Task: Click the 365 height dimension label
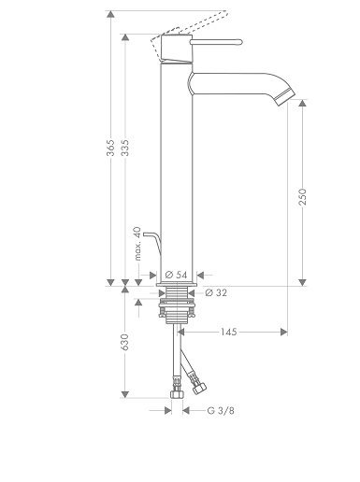(x=110, y=148)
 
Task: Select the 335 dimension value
(x=125, y=148)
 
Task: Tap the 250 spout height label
(x=302, y=197)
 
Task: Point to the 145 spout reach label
(x=229, y=332)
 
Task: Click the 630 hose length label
(x=125, y=342)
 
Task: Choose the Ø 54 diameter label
(x=177, y=275)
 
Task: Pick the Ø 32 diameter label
(x=216, y=292)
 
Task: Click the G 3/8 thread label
(x=221, y=411)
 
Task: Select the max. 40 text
(x=137, y=244)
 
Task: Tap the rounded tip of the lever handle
(x=240, y=42)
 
